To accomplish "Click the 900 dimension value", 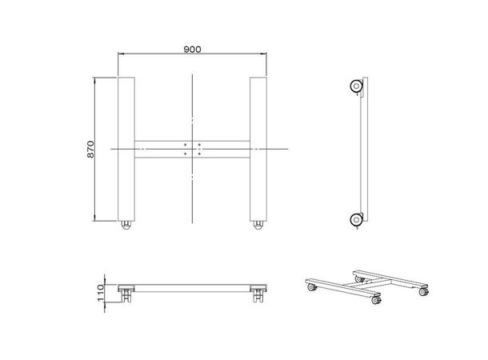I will (192, 49).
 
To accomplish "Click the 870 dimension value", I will (90, 149).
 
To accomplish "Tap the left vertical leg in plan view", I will (126, 148).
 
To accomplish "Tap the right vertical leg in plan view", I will (257, 148).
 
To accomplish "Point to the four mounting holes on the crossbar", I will (192, 149).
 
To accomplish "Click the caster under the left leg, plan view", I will (126, 226).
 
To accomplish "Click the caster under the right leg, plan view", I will (257, 226).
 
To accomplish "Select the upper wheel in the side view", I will (354, 86).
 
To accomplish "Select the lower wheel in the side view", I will (354, 218).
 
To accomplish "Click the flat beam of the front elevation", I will (192, 287).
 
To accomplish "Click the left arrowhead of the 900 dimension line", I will (120, 54).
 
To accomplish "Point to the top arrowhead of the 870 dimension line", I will (95, 79).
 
